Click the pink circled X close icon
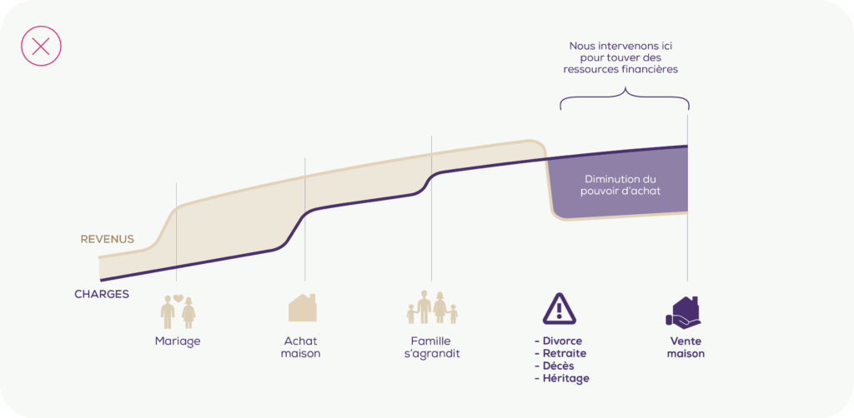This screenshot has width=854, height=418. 41,46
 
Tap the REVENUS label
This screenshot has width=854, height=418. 108,239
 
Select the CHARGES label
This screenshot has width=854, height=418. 102,294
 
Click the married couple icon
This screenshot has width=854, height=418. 178,311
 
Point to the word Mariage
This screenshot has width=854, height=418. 178,341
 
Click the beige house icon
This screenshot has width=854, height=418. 302,307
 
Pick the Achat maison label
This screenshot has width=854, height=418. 300,347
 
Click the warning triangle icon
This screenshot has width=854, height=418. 559,309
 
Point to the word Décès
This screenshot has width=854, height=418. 558,366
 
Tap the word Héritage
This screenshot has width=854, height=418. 566,379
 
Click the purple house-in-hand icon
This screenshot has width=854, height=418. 683,312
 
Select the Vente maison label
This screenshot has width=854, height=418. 686,347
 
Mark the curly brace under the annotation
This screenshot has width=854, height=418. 625,98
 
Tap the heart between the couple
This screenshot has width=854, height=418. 178,298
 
